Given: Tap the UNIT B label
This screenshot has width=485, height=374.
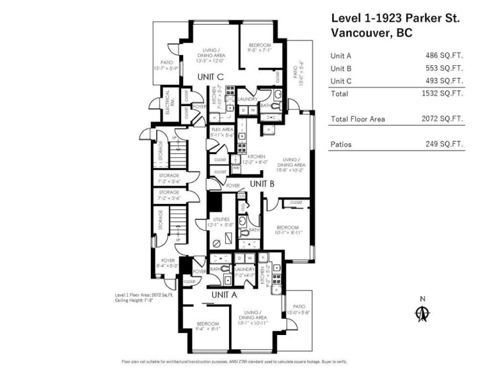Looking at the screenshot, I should pos(263,183).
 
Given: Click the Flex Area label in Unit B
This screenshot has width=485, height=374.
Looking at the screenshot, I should pos(222,132).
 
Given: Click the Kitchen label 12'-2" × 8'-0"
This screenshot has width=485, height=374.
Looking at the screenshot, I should pos(247,159).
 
